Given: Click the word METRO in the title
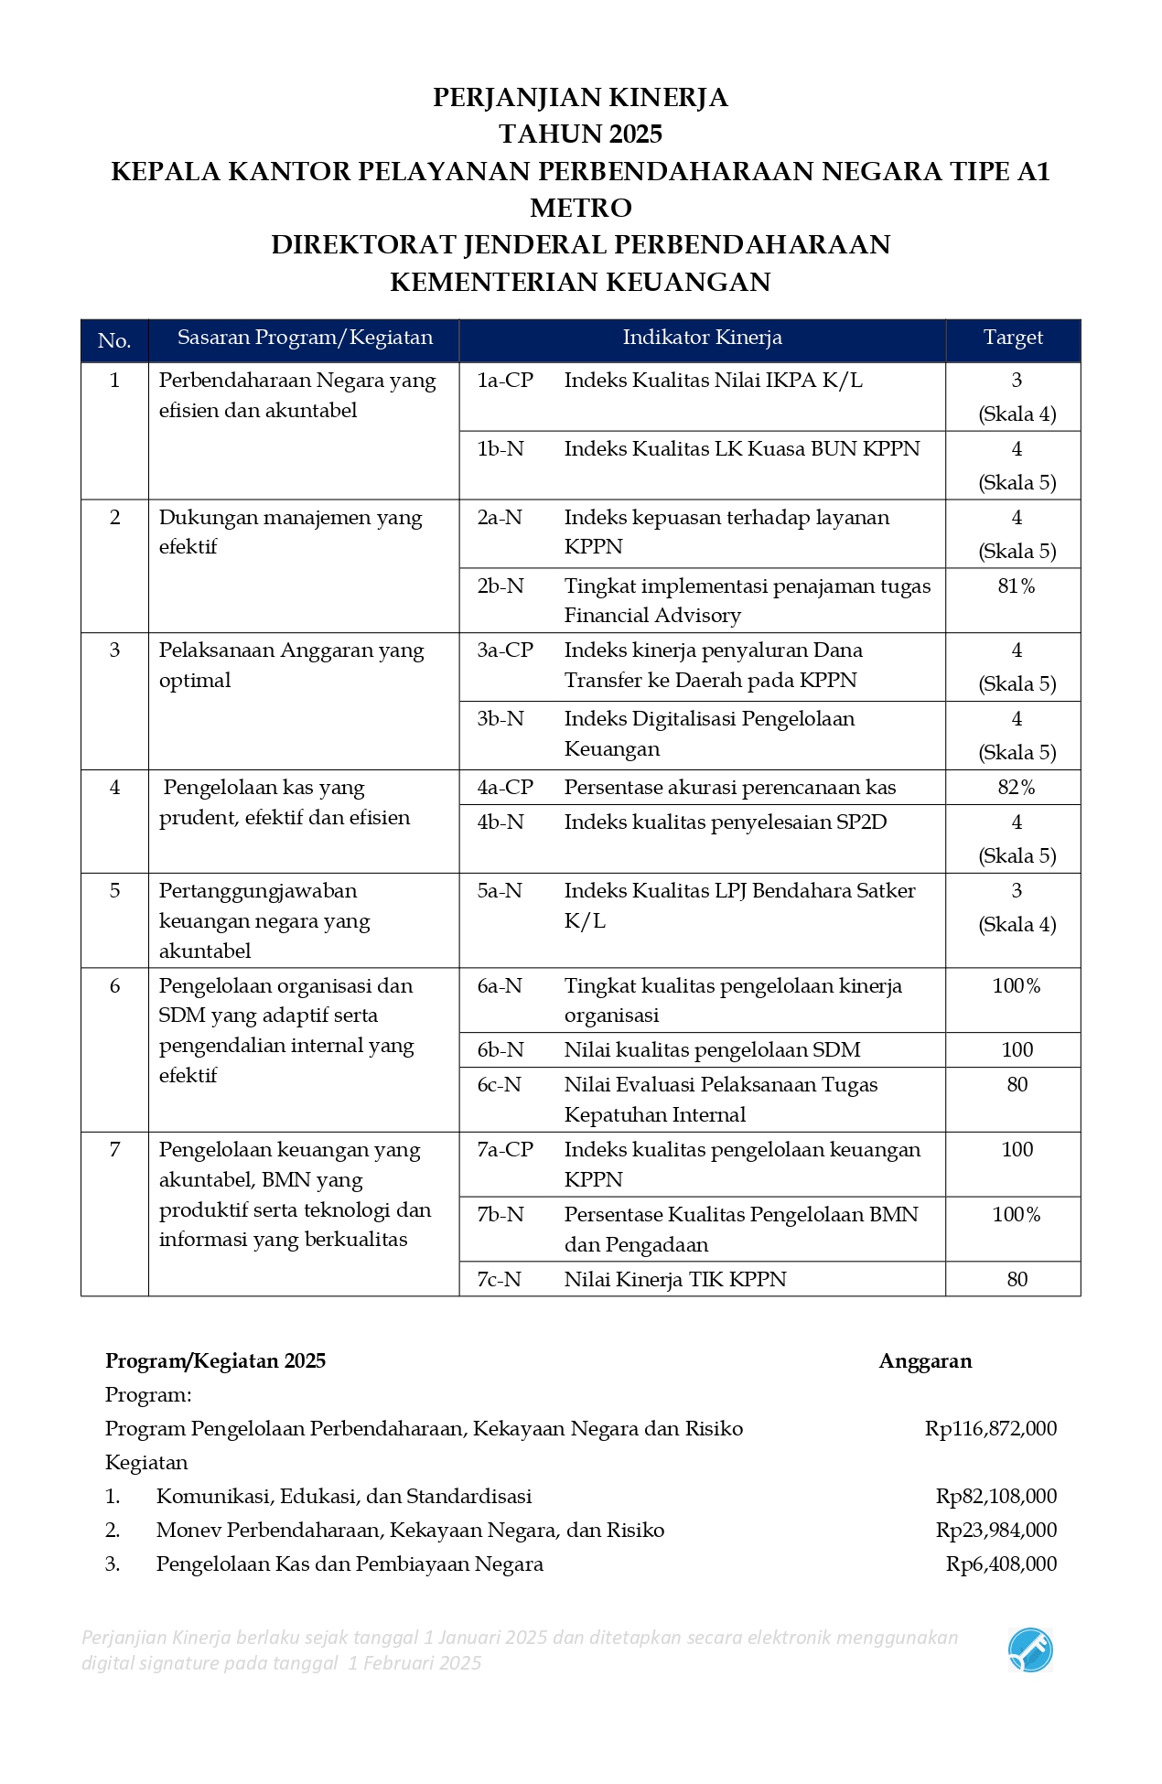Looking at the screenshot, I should tap(580, 208).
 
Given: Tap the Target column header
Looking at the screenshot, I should tap(1013, 338).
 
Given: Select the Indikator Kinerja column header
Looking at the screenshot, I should tap(702, 338).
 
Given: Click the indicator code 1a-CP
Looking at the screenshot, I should tap(505, 380).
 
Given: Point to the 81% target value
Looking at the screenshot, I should tap(1017, 586).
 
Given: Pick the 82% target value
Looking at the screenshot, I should tap(1017, 787).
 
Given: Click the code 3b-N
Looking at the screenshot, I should tap(500, 718).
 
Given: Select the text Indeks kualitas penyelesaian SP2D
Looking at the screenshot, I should tap(726, 822).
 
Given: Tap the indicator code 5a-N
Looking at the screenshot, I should tap(500, 890).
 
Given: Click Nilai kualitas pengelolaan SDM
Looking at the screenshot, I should tap(712, 1049).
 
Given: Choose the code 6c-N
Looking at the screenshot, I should tap(500, 1084).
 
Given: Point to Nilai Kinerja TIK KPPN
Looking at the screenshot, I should tap(675, 1279).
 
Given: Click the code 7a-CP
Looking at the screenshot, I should tap(505, 1149).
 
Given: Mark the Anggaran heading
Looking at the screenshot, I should tap(925, 1360).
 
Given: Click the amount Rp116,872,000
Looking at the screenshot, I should tap(991, 1428).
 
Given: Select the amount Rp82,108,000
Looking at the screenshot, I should tap(996, 1496).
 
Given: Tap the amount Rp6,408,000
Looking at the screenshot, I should tap(1001, 1564).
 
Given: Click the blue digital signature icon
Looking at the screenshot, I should tap(1030, 1650).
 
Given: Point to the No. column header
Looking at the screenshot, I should tap(114, 340).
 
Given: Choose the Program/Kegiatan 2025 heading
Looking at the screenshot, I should tap(215, 1360).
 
